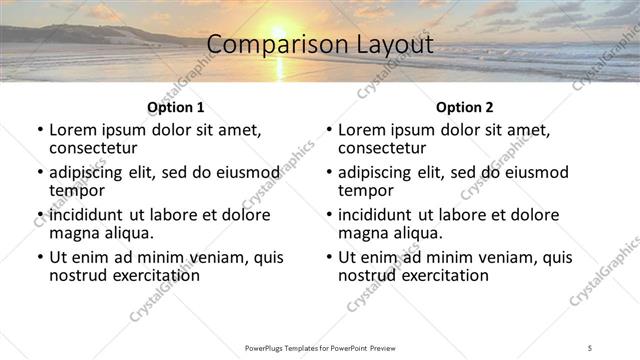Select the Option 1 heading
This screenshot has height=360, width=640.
(175, 107)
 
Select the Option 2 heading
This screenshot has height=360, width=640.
(464, 107)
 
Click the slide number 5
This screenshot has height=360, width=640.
(590, 347)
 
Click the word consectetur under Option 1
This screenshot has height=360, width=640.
(93, 148)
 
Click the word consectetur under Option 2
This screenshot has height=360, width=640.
(382, 148)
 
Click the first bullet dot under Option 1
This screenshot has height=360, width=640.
(39, 131)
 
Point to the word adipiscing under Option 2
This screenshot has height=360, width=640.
(375, 172)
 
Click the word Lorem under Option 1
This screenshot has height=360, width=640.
(72, 130)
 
